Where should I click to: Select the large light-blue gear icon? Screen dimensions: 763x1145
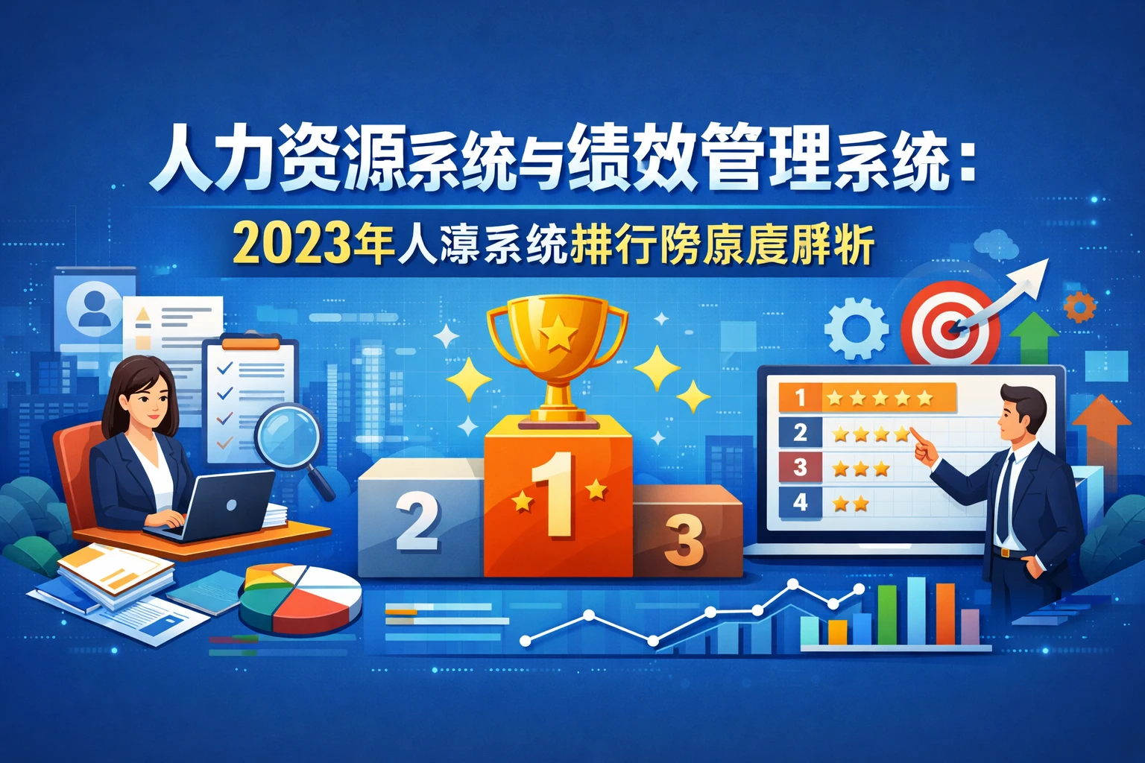coord(856,328)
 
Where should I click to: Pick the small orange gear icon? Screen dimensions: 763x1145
coord(1079,306)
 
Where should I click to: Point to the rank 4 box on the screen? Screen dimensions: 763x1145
coord(800,502)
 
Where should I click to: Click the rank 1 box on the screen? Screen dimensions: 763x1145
coord(800,397)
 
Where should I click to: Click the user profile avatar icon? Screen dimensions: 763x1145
coord(94,308)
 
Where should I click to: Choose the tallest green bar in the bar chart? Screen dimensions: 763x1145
coord(886,614)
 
